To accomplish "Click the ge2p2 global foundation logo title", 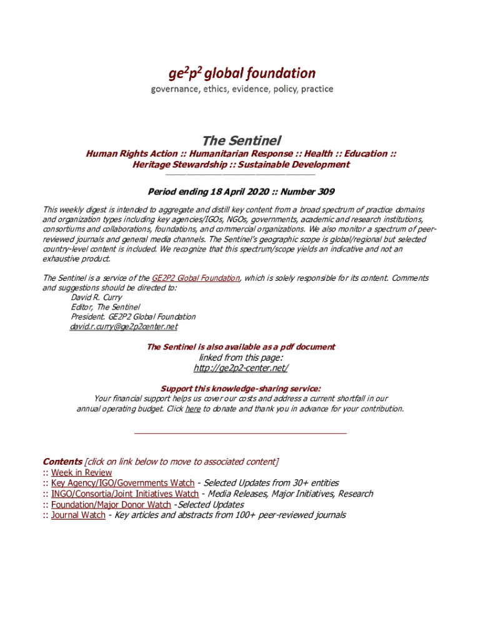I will coord(241,74).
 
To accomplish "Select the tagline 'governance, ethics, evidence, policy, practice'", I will coord(242,89).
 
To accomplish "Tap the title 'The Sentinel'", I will coord(241,141).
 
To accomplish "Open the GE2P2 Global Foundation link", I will coord(196,278).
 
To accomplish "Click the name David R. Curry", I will coord(96,298).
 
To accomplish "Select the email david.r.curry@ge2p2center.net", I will coord(124,326).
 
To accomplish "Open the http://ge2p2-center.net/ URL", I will coord(241,368).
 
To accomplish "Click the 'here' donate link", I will coord(192,409).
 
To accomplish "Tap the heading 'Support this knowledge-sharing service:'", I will coord(241,388).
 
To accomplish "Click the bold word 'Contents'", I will coord(62,462).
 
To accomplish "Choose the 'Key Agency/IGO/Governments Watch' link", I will coord(122,484).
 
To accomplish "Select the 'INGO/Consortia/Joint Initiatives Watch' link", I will coord(125,494).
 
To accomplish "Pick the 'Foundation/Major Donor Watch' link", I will coord(111,505).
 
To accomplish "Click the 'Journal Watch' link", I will coord(78,515).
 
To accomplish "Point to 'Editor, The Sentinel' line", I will coord(105,307).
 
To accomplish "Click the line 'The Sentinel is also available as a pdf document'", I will coord(241,347).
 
